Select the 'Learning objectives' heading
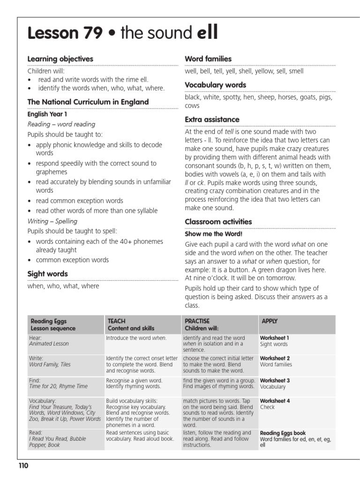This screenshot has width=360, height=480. click(x=60, y=59)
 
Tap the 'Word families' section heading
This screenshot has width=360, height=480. click(x=208, y=59)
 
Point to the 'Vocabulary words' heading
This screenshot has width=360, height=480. click(x=215, y=85)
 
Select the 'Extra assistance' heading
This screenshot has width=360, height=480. click(x=212, y=119)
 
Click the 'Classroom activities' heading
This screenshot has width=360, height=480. click(x=218, y=221)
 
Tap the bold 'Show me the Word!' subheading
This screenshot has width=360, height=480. click(x=214, y=233)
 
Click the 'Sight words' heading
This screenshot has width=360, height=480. click(x=47, y=273)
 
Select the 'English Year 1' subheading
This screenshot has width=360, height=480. click(x=48, y=114)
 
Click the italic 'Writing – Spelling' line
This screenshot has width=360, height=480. click(x=52, y=221)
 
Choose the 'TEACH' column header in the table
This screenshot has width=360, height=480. click(x=117, y=321)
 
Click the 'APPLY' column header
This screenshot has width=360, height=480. click(x=270, y=321)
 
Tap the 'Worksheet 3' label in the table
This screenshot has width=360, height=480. click(x=275, y=380)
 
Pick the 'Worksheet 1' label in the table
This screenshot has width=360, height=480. click(x=275, y=337)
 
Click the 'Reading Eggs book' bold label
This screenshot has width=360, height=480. click(x=283, y=433)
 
